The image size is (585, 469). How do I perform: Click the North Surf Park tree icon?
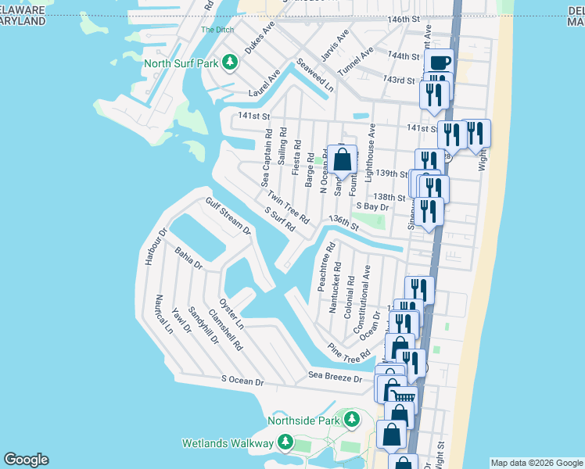(x=229, y=62)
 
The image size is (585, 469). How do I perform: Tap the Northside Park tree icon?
(x=353, y=421)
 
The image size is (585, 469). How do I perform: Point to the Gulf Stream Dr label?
(x=228, y=216)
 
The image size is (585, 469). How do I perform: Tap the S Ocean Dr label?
(x=242, y=381)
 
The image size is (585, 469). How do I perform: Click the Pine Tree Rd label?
(x=349, y=353)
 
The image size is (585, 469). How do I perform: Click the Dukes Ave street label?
(x=260, y=37)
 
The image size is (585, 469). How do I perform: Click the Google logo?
(x=26, y=460)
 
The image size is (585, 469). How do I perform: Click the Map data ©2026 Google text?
(x=537, y=463)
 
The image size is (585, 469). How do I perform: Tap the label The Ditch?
(x=217, y=30)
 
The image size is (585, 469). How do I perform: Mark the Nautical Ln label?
(x=163, y=313)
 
